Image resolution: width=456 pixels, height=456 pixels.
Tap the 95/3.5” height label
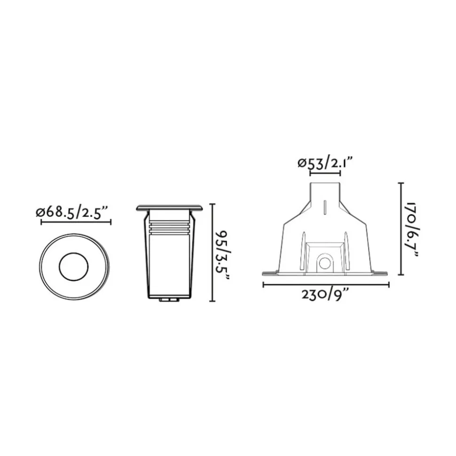[x=223, y=256]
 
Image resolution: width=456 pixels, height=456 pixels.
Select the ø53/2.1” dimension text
[x=325, y=162]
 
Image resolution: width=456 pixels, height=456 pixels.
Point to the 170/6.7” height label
[x=413, y=230]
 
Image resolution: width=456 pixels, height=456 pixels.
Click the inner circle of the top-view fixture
[x=73, y=267]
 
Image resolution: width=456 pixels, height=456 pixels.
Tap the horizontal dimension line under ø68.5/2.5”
[x=76, y=222]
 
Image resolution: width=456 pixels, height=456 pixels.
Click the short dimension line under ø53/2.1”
[x=325, y=173]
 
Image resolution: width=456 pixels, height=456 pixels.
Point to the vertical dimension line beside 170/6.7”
[x=401, y=229]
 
